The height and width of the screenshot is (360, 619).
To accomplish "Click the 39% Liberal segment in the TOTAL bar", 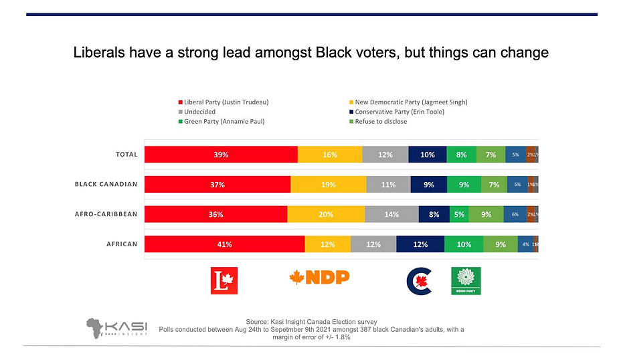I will point(221,155).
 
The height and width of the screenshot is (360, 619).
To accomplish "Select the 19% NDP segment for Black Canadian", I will point(328,185).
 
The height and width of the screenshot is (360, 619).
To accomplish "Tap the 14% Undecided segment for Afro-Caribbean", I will point(391,215).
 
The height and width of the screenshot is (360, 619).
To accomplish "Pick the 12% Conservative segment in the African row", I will point(420,244).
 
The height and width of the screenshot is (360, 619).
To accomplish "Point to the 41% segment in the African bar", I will point(224,244).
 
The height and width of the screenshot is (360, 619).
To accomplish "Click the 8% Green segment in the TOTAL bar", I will point(461,155).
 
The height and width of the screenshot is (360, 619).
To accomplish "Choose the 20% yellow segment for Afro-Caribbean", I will point(326,215).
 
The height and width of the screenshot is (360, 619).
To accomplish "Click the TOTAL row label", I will point(126,155).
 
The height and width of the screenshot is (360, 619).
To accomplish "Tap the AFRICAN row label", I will point(122,244).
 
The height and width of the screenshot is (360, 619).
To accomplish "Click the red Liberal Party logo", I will point(224,280).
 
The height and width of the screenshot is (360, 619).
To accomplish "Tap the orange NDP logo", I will point(319,277).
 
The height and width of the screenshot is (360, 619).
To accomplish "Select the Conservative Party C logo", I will point(420,282).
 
